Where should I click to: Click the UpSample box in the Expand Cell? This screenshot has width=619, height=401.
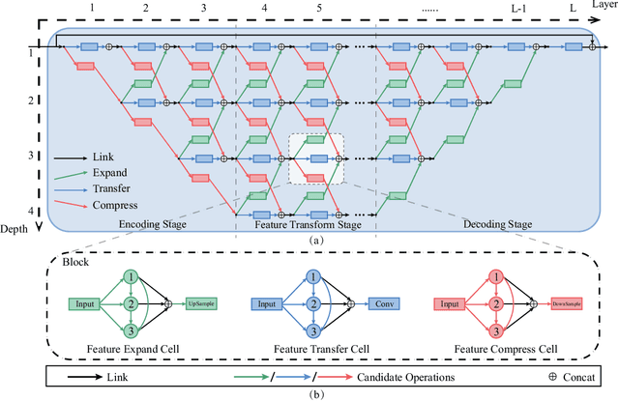click(200, 304)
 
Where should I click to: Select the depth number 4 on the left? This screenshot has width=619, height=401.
click(30, 212)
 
